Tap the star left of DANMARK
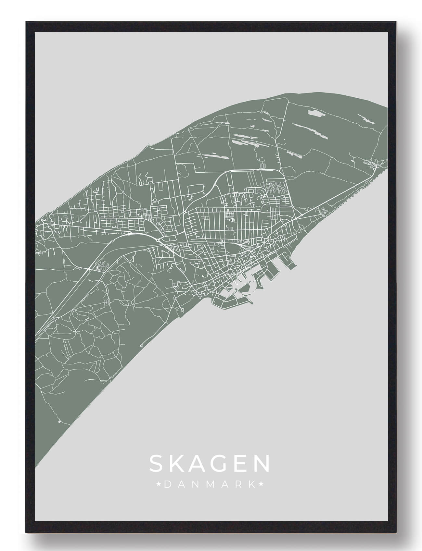point(159,485)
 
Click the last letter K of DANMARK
point(252,485)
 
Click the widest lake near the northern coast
point(314,114)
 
